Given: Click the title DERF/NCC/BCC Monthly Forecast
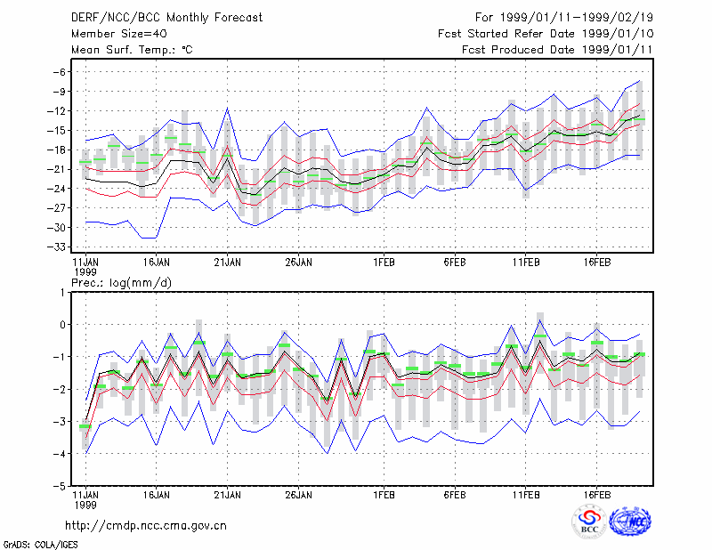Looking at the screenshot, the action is (x=166, y=18).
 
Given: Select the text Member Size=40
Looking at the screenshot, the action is (x=119, y=34).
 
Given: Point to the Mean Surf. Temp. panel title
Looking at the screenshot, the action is (x=132, y=50).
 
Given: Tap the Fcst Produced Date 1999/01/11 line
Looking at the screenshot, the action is (x=557, y=50).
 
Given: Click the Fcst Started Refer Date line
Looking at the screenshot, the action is (x=546, y=34).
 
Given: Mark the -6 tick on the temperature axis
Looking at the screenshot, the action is (x=59, y=72).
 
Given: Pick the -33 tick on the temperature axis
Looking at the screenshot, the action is (x=56, y=247).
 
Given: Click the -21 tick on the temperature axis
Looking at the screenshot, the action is (x=56, y=169).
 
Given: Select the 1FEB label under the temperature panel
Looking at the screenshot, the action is (x=384, y=263).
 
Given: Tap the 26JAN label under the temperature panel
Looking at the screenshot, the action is (x=298, y=263).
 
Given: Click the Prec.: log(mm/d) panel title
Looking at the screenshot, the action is (x=121, y=283).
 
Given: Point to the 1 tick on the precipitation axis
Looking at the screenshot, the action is (x=62, y=293).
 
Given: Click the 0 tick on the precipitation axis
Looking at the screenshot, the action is (x=62, y=325).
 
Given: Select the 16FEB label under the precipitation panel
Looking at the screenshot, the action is (x=597, y=495).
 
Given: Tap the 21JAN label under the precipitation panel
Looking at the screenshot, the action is (x=227, y=495).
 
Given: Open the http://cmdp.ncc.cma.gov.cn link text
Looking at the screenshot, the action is (x=146, y=526).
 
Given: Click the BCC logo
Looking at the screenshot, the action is (x=589, y=522).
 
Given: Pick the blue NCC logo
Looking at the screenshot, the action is (x=631, y=522).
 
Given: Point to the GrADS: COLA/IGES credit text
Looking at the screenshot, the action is (x=40, y=545).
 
